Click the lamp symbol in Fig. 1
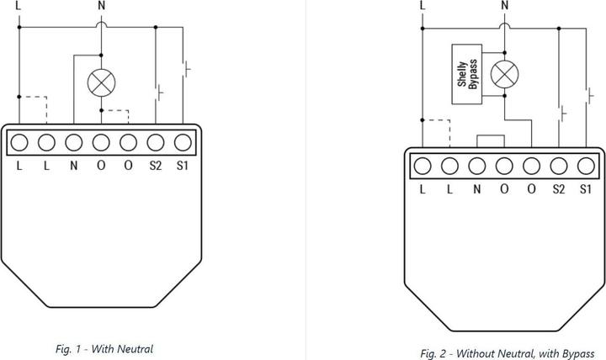tap(101, 82)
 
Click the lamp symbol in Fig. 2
tap(505, 75)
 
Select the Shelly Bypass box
tap(467, 74)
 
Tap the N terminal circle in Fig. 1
tap(74, 141)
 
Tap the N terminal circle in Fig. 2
tap(477, 165)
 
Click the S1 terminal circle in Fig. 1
tap(183, 141)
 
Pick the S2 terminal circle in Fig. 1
tap(156, 141)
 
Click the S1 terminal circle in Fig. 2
tap(587, 165)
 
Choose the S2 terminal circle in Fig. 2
tap(559, 165)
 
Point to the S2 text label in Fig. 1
tap(156, 166)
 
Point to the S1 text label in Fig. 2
tap(587, 188)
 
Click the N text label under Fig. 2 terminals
tap(477, 188)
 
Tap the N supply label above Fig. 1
tap(102, 5)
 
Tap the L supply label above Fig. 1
tap(19, 5)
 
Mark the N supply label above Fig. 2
tap(505, 5)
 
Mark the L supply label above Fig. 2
tap(422, 5)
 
